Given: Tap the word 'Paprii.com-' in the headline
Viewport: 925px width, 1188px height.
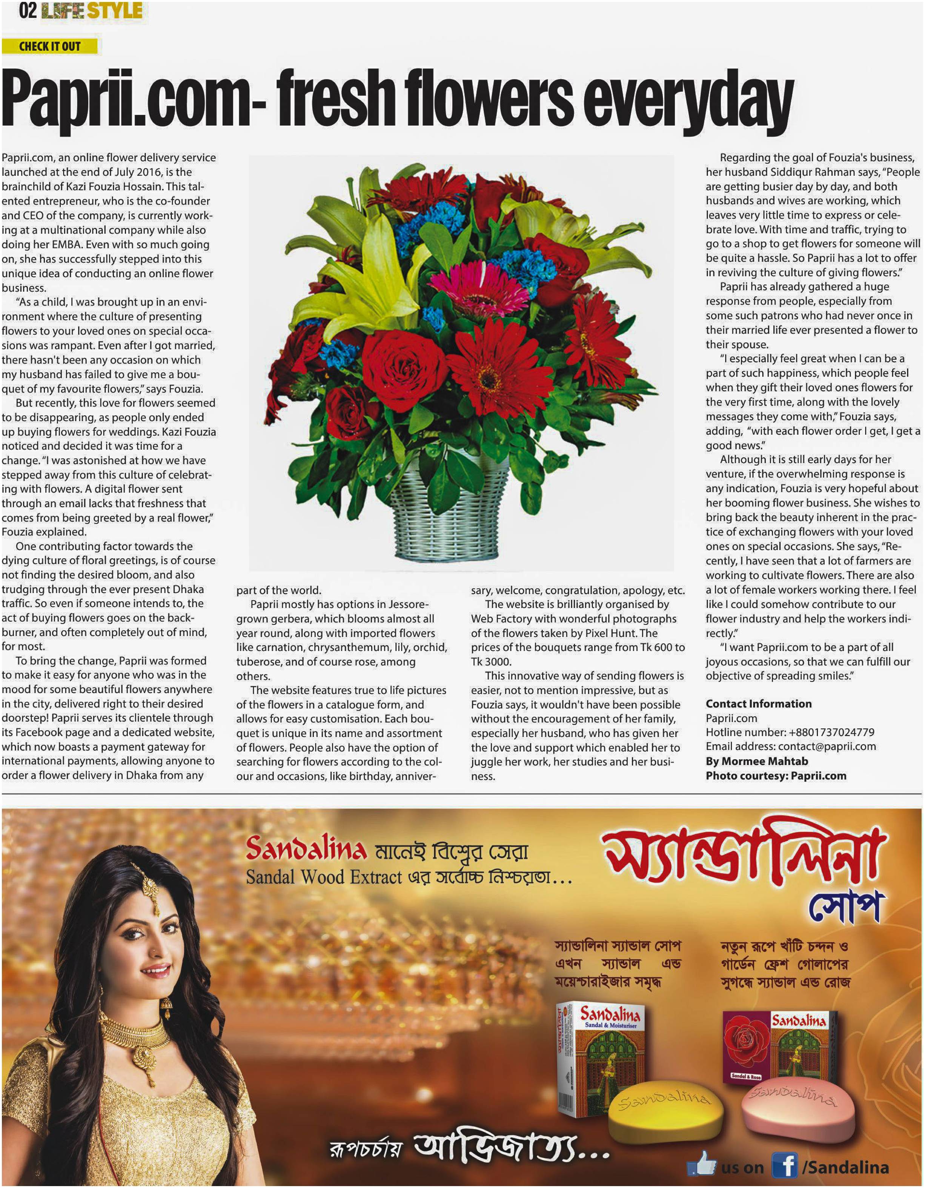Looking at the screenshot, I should point(133,101).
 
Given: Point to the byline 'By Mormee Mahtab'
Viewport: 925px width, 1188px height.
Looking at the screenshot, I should point(756,761).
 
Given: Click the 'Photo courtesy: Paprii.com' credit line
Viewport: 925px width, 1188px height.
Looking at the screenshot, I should point(776,776).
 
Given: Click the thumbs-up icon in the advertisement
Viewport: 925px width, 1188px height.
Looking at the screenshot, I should point(702,1164).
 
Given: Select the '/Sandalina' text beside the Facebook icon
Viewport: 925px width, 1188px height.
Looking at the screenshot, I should point(846,1167).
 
